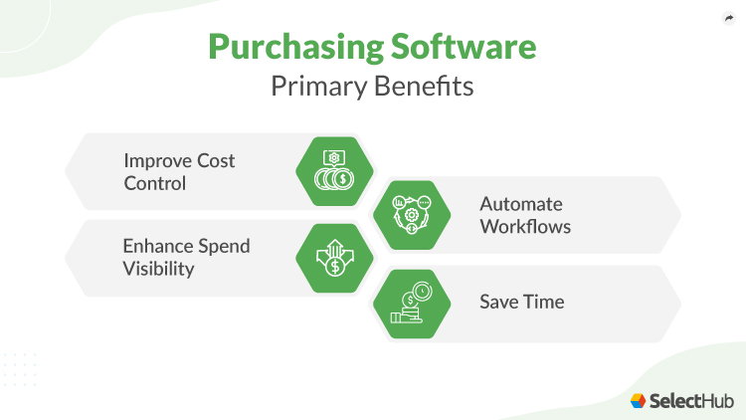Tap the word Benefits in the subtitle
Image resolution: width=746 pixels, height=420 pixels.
429,87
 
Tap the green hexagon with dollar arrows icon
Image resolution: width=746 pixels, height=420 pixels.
335,258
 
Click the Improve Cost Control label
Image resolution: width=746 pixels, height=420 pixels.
179,171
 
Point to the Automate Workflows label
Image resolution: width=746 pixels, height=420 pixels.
521,214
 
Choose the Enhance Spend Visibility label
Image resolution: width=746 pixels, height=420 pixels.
186,257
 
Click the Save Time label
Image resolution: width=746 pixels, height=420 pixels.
521,301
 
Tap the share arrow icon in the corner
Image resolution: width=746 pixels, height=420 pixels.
727,18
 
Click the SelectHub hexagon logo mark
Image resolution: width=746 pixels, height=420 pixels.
638,400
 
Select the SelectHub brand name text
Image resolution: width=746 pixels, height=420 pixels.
692,400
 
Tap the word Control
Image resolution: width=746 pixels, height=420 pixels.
154,182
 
